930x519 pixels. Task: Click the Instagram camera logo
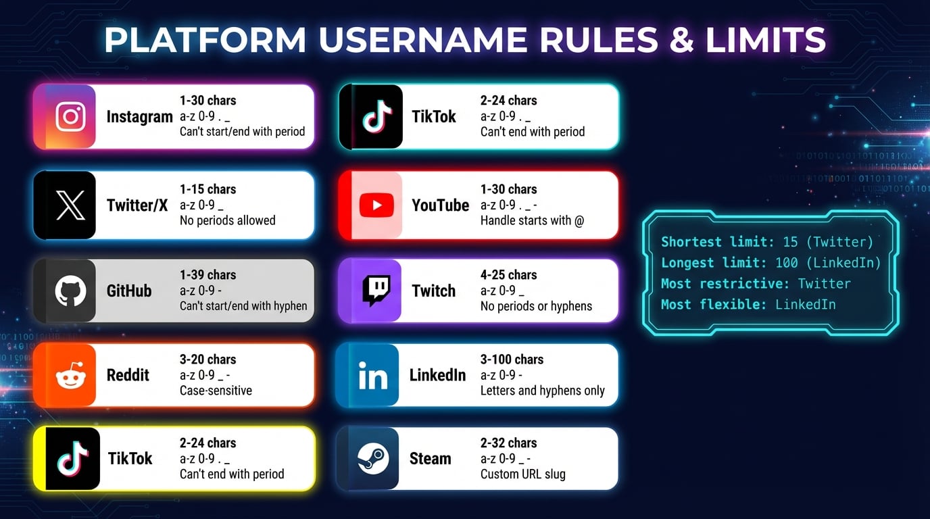(70, 116)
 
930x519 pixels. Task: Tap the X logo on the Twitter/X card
(70, 205)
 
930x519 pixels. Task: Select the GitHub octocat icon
(70, 291)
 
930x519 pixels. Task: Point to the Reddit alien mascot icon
(70, 375)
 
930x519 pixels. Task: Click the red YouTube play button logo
(376, 205)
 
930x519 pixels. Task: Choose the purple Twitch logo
(376, 291)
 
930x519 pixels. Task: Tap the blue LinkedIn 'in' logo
(372, 376)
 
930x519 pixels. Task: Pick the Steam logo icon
(374, 459)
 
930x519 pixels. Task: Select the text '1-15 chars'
(207, 189)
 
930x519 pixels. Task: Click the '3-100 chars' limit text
(512, 360)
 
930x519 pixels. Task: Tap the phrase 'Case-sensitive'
(216, 391)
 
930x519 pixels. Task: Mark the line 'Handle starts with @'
(532, 220)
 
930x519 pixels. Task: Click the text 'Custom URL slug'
(522, 474)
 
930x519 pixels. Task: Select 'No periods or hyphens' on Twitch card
(536, 306)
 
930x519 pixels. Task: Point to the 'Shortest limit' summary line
(767, 242)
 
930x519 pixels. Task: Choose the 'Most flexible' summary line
(748, 305)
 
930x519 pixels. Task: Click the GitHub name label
(129, 291)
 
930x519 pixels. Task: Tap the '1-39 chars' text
(207, 275)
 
